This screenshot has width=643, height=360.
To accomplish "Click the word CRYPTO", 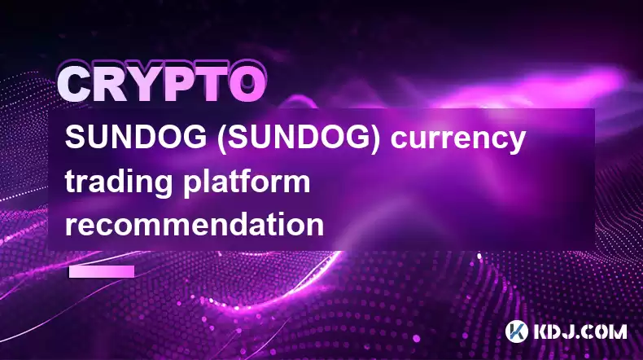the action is pyautogui.click(x=162, y=84).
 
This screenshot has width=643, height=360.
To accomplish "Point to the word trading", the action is pyautogui.click(x=118, y=183).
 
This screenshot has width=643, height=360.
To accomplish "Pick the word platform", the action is pyautogui.click(x=247, y=182).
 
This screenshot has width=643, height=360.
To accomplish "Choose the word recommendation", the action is pyautogui.click(x=195, y=224).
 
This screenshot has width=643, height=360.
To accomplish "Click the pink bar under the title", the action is pyautogui.click(x=102, y=271).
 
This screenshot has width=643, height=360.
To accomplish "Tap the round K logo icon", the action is pyautogui.click(x=516, y=331).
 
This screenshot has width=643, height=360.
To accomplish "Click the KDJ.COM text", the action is pyautogui.click(x=580, y=331).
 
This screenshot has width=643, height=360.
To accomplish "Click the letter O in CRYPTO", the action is pyautogui.click(x=247, y=84).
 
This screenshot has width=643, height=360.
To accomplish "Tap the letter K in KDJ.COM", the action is pyautogui.click(x=541, y=331).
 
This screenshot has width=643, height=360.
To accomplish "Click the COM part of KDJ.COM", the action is pyautogui.click(x=605, y=331).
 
